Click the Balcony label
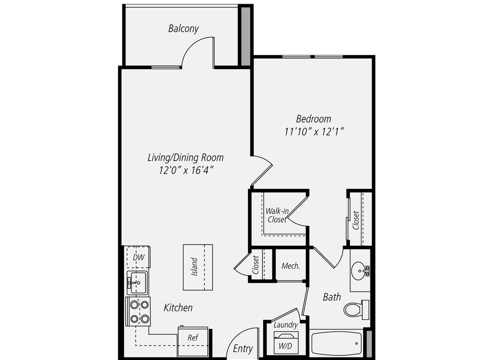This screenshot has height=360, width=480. [183, 29]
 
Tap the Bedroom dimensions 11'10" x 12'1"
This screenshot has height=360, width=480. [314, 132]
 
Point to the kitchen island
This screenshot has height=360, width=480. [198, 267]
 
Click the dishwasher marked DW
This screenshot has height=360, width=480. [137, 257]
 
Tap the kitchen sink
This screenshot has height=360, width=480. [137, 282]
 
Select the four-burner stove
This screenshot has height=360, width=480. [139, 311]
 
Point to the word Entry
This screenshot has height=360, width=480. [243, 348]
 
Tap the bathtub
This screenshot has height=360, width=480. [337, 343]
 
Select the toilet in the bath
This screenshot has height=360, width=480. [355, 309]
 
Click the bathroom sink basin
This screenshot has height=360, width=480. [360, 270]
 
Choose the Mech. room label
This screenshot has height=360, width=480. [291, 266]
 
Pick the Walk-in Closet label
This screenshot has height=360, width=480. [276, 215]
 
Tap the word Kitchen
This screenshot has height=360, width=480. [178, 308]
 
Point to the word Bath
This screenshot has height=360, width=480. [332, 297]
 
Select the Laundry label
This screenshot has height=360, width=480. [285, 325]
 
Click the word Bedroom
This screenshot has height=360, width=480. [314, 119]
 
